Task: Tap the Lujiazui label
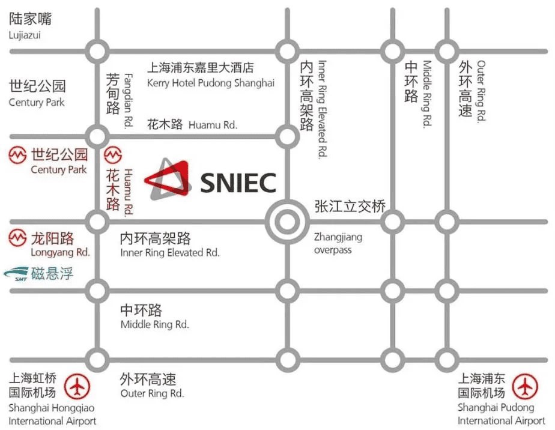tap(25, 35)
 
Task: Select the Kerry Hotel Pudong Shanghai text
tap(211, 83)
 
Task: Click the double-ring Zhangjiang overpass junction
tap(287, 222)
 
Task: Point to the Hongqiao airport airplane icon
tap(77, 386)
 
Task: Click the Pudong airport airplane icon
tap(525, 386)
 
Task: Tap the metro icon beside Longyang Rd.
tap(17, 237)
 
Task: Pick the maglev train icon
tap(16, 274)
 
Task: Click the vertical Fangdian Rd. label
tap(128, 100)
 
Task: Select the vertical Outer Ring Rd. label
tap(481, 91)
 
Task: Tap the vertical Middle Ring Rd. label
tap(427, 93)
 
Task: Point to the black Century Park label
tap(37, 102)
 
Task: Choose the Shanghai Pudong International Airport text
tap(501, 414)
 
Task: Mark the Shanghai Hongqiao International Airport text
tap(52, 414)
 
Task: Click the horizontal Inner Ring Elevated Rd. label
tap(170, 253)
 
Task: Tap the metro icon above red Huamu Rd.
tap(113, 155)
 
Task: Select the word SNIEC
tap(238, 183)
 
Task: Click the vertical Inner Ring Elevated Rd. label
tap(322, 109)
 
